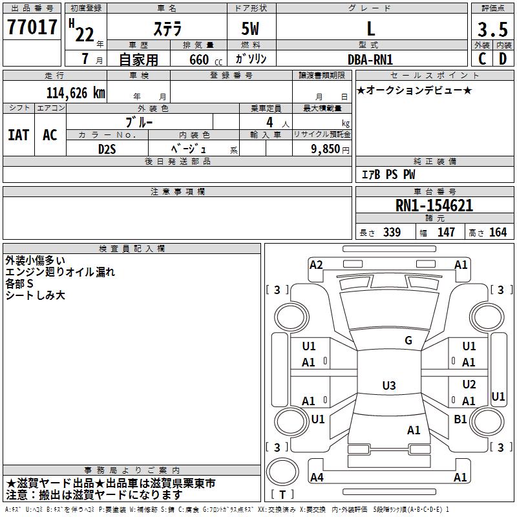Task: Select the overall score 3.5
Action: click(491, 30)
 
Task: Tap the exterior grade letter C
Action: click(482, 58)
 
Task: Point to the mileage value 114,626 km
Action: click(76, 92)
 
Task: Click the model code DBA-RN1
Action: click(370, 59)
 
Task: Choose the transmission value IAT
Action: click(18, 135)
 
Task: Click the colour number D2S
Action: click(107, 149)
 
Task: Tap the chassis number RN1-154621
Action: click(434, 206)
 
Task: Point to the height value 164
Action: click(498, 232)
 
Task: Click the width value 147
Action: click(446, 232)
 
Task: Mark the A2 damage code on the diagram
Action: click(316, 264)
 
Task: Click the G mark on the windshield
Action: click(408, 341)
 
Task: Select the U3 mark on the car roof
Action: click(388, 386)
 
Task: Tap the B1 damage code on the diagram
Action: click(460, 419)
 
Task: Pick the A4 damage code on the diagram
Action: click(317, 478)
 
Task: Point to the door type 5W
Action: click(251, 30)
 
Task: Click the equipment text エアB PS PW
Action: click(388, 174)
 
